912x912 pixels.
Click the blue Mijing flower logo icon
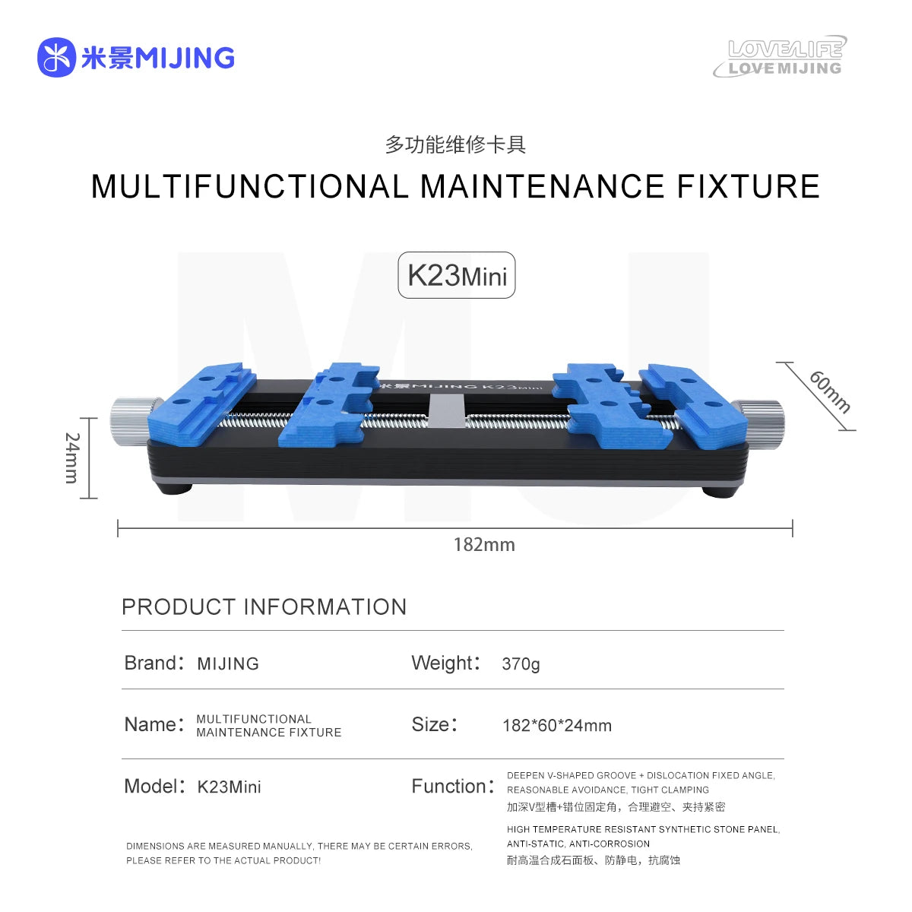point(56,57)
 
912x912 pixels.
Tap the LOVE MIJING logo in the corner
point(781,56)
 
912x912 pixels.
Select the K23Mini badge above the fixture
point(456,275)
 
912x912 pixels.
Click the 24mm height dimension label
point(71,458)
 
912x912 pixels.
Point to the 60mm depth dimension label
point(830,392)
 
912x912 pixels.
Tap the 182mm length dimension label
point(484,545)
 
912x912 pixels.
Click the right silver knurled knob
point(759,423)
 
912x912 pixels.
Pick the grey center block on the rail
point(446,411)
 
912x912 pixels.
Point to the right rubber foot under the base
point(720,491)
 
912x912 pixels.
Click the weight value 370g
point(521,664)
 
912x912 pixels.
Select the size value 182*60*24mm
point(557,726)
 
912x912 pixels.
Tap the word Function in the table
point(449,786)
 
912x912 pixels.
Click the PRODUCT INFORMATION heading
point(264,606)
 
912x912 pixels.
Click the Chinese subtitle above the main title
point(455,144)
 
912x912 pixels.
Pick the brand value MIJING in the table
point(228,664)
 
